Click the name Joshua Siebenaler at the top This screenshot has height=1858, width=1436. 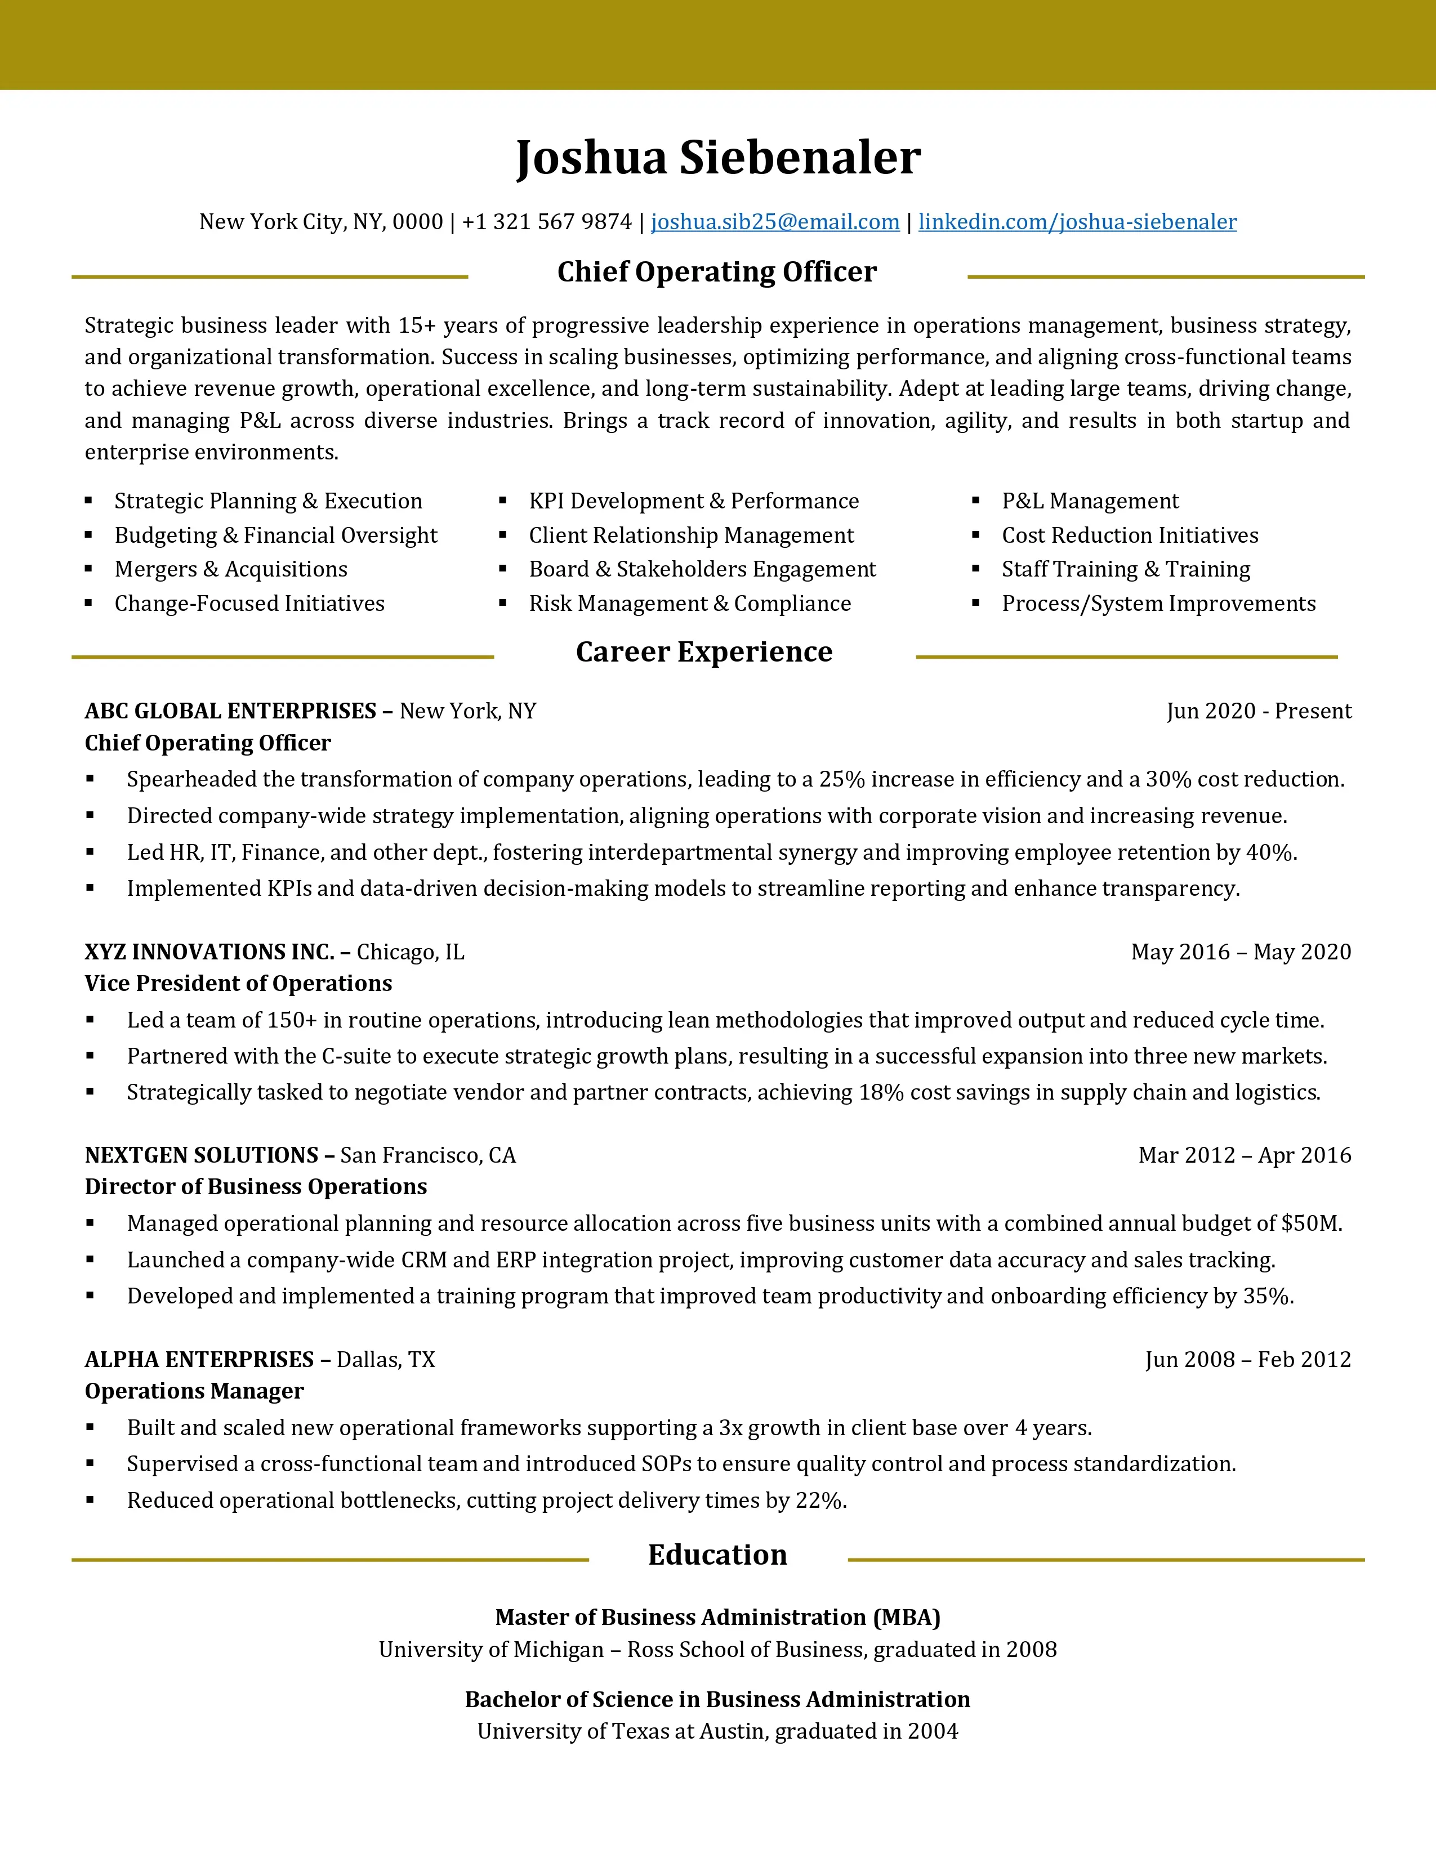(718, 158)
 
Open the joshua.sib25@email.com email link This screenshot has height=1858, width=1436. (775, 222)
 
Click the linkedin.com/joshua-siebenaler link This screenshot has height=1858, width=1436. (1077, 222)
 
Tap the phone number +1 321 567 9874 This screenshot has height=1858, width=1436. (546, 222)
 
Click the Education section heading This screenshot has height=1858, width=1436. (717, 1555)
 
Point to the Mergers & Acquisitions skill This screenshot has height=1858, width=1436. (230, 569)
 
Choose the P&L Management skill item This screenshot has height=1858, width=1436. (1090, 501)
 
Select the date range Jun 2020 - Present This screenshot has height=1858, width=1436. (1258, 711)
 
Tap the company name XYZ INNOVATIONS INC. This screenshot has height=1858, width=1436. (209, 952)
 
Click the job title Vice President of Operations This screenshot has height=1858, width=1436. (238, 984)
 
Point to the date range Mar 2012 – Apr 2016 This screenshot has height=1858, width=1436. (1245, 1155)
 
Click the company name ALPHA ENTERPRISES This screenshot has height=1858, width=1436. (199, 1360)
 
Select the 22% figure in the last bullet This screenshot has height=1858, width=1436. (819, 1500)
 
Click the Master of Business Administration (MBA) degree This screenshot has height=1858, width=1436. (717, 1617)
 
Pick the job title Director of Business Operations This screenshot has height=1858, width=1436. (255, 1187)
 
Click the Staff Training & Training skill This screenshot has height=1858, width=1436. (1126, 569)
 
